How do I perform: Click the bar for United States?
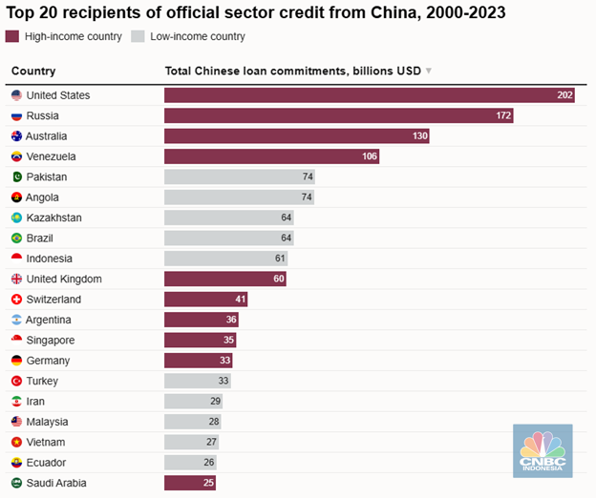[x=369, y=95]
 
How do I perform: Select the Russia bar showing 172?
[x=338, y=115]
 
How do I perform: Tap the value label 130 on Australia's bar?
[x=418, y=136]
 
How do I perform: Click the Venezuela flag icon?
[x=16, y=156]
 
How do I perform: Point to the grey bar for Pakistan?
[x=239, y=177]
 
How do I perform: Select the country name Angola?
[x=42, y=197]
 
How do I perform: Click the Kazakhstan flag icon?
[x=16, y=218]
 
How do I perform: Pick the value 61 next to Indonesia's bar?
[x=280, y=259]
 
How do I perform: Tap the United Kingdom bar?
[x=224, y=280]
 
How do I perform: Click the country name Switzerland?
[x=53, y=300]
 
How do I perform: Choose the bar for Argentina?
[x=201, y=321]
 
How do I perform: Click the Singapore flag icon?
[x=16, y=341]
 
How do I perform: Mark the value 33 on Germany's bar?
[x=225, y=362]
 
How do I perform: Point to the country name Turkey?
[x=41, y=382]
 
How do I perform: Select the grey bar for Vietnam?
[x=191, y=443]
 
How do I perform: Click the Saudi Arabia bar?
[x=189, y=484]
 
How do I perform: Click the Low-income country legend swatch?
[x=138, y=36]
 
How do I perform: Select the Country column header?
[x=33, y=71]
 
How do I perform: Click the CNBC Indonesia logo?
[x=542, y=450]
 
